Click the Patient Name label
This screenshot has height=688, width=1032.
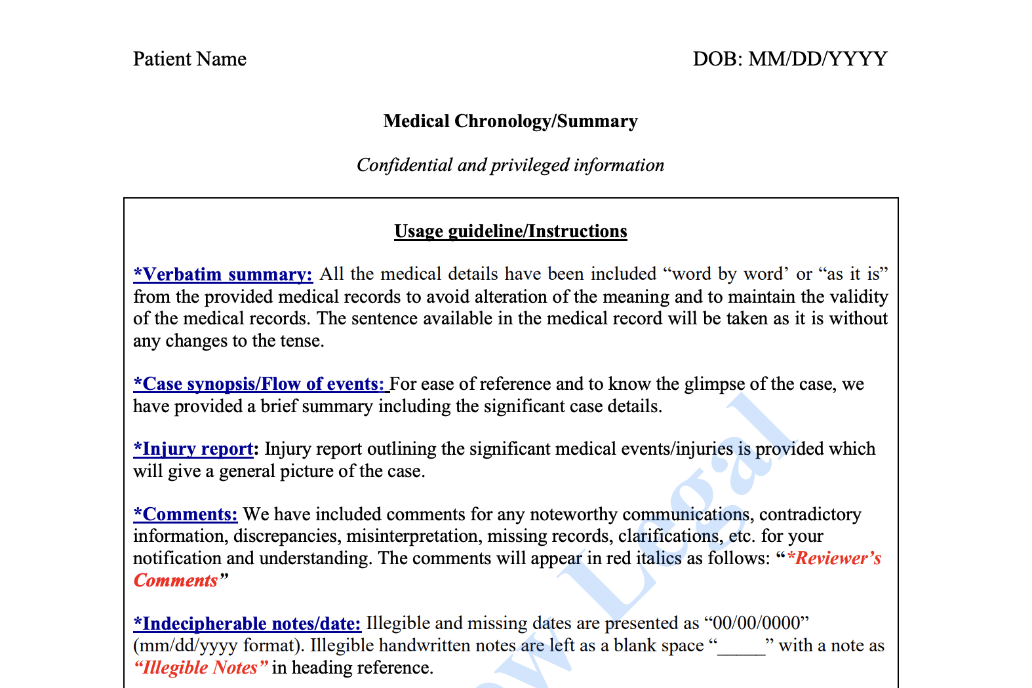tap(189, 59)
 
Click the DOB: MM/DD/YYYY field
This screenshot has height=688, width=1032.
tap(789, 59)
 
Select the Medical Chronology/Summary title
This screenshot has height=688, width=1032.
tap(510, 121)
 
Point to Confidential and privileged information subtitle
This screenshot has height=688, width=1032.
tap(510, 165)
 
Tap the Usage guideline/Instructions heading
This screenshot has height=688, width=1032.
tap(510, 231)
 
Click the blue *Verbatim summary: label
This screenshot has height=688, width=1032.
tap(223, 274)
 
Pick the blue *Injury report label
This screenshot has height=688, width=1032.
tap(193, 449)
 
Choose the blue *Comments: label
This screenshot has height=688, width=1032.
tap(186, 514)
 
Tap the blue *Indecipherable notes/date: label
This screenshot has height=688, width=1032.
tap(247, 623)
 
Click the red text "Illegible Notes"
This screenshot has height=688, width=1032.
tap(201, 668)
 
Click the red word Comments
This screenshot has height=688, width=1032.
tap(176, 581)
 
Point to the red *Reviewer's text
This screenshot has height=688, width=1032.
tap(834, 558)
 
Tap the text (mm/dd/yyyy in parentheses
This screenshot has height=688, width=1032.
tap(186, 645)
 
